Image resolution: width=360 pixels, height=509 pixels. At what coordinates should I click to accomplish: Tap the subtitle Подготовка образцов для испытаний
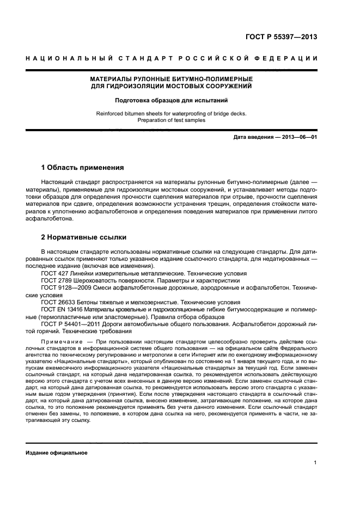[171, 100]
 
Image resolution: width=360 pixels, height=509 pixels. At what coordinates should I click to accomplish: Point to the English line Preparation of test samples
[171, 120]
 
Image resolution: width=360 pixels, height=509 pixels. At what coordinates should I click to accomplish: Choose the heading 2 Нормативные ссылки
[84, 237]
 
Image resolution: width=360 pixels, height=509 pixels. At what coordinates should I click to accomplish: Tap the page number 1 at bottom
[315, 463]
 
